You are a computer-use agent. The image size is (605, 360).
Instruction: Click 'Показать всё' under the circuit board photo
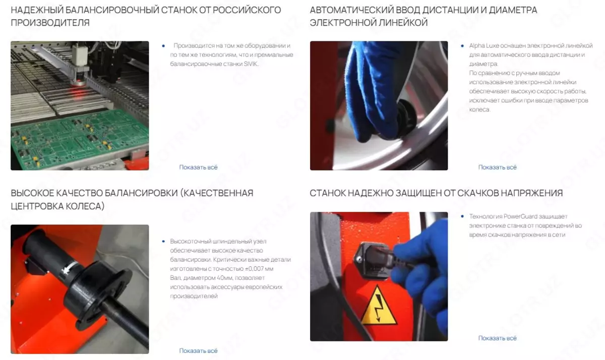click(198, 167)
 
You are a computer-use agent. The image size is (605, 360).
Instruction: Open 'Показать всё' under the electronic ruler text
click(497, 167)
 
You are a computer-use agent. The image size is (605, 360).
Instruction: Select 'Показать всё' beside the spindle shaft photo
click(198, 350)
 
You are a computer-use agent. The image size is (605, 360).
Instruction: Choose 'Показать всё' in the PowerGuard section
click(497, 338)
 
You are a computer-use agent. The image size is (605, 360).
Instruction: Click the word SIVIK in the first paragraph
click(251, 64)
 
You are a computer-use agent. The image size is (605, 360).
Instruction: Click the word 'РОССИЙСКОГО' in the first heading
click(247, 10)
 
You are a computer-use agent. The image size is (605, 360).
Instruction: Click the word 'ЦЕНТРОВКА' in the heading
click(37, 206)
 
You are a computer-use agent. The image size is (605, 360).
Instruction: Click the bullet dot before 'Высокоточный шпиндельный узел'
click(163, 241)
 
